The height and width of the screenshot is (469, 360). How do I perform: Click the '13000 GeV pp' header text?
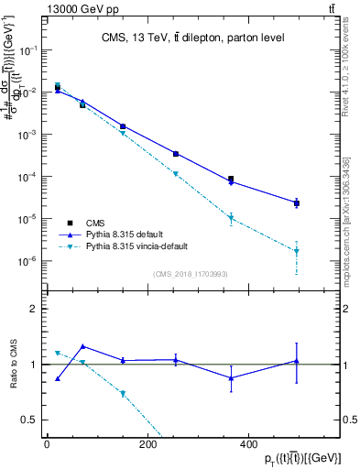78,8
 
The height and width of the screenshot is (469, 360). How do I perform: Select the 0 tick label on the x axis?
47,444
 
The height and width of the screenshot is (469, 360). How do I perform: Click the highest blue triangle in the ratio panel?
83,346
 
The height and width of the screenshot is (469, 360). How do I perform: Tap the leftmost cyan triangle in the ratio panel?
58,353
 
